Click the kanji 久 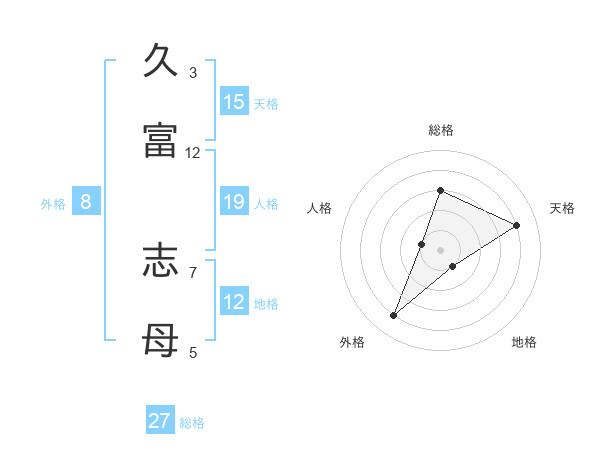160,61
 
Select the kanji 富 160,141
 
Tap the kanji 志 160,261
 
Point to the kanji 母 160,341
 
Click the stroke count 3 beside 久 193,73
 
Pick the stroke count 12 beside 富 193,153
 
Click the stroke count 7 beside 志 193,272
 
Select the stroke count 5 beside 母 193,352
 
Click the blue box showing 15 234,102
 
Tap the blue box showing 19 234,202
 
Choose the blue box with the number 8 86,202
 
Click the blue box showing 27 160,421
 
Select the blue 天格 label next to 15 266,103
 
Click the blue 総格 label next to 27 192,423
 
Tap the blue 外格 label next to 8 53,204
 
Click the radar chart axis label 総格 441,130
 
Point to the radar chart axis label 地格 524,342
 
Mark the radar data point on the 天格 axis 517,225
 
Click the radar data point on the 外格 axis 394,316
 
